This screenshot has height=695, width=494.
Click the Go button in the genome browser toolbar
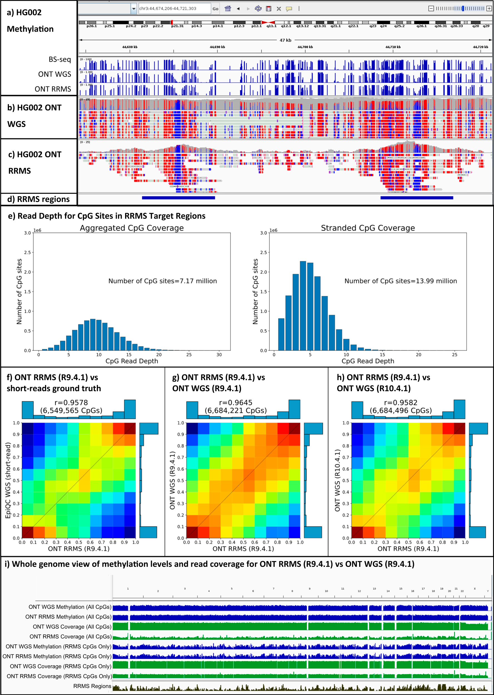[x=215, y=9]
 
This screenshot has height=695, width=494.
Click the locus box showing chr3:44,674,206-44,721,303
[x=174, y=9]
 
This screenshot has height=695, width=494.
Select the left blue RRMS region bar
[x=178, y=198]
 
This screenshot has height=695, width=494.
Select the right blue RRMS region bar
[x=416, y=198]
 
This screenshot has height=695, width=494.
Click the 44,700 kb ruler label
[x=305, y=47]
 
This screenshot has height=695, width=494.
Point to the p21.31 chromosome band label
[x=177, y=26]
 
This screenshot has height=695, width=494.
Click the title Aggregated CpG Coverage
[x=132, y=228]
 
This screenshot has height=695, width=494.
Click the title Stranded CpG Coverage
[x=368, y=228]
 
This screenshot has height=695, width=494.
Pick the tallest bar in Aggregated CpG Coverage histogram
[x=93, y=334]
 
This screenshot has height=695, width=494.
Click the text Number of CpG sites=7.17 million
[x=162, y=281]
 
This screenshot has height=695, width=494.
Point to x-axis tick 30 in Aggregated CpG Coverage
[x=219, y=355]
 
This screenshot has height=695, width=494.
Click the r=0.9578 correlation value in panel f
[x=71, y=403]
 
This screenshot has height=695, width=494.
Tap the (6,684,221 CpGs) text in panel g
[x=235, y=410]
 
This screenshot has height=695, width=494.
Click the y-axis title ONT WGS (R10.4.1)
[x=337, y=480]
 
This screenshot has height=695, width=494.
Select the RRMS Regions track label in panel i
[x=92, y=686]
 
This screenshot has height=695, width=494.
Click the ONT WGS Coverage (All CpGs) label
[x=72, y=627]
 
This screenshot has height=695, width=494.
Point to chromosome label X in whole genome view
[x=474, y=589]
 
